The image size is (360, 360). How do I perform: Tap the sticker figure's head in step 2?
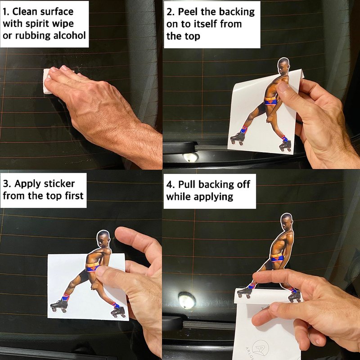[x=283, y=65]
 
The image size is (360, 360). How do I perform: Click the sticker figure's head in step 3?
[x=103, y=238]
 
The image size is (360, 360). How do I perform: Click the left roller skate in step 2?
[x=238, y=138]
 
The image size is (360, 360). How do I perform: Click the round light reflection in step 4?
[x=187, y=300]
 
